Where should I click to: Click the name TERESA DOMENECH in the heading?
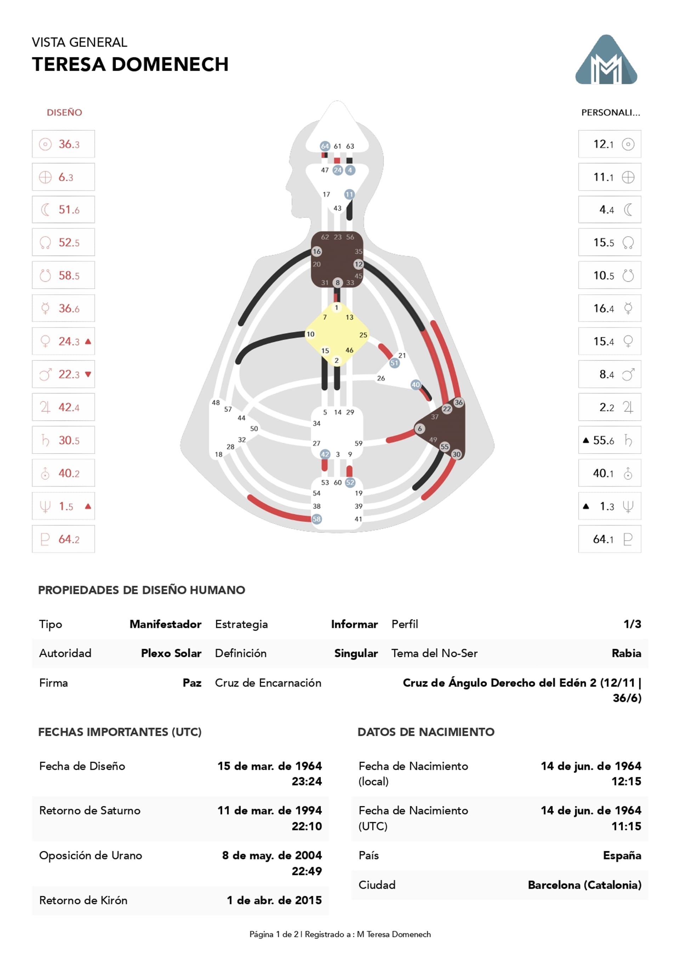130,64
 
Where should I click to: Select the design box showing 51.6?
63,210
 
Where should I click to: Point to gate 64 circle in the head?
325,146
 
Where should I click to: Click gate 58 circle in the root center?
317,519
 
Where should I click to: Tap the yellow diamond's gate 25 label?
363,335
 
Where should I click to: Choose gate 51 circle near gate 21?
394,363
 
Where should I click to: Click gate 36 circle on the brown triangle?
459,402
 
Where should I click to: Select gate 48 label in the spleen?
216,403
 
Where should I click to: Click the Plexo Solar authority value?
171,653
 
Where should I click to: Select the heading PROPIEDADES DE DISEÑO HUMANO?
142,590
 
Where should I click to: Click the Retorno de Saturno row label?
90,811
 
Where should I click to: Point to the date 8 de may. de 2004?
272,855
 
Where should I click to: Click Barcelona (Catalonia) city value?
584,885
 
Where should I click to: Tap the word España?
622,855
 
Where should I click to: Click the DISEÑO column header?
64,112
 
